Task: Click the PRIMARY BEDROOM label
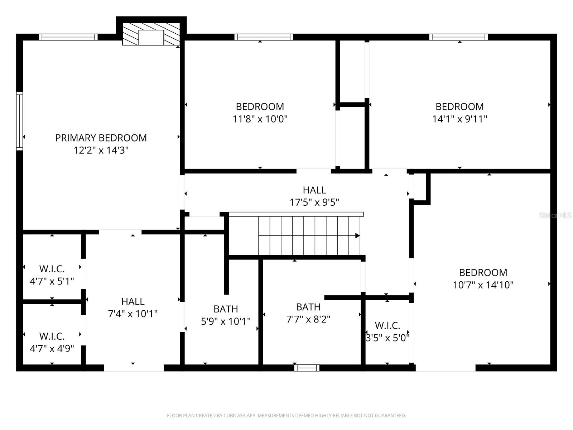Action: click(x=101, y=138)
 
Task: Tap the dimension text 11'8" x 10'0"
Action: click(x=260, y=119)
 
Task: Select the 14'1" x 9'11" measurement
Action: click(x=459, y=119)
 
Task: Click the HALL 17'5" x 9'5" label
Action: click(x=314, y=196)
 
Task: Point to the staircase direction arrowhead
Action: click(x=357, y=236)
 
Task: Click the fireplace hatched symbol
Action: click(x=151, y=34)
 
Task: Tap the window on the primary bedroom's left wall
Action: click(x=20, y=121)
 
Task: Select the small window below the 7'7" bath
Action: click(x=307, y=368)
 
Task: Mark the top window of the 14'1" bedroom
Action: click(x=458, y=37)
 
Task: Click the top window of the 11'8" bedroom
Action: click(x=264, y=37)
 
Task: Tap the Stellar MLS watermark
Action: click(x=555, y=215)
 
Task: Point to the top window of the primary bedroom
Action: click(x=68, y=37)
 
